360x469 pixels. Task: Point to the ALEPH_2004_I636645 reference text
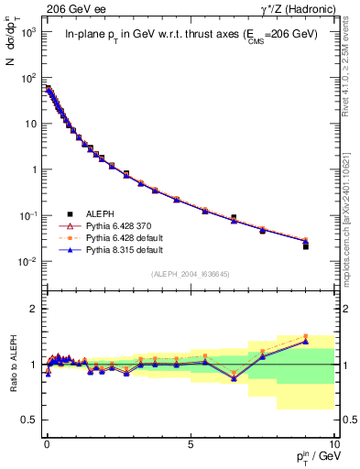click(x=190, y=274)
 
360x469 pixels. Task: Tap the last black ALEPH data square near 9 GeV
click(x=306, y=246)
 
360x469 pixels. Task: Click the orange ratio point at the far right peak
click(x=306, y=336)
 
